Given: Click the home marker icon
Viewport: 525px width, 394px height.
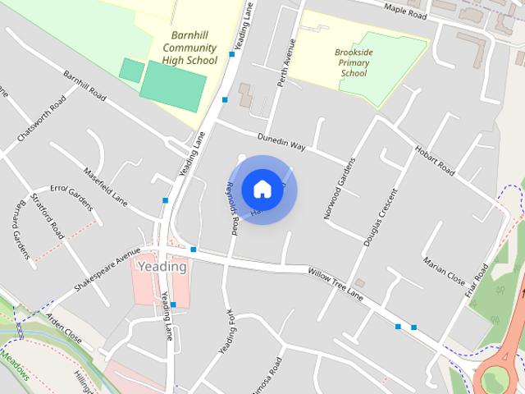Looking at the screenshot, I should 262,189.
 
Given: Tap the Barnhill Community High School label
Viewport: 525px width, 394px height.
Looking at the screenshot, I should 189,48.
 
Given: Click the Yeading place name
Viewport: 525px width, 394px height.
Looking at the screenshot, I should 162,267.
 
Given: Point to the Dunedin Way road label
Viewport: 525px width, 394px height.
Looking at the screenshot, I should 281,141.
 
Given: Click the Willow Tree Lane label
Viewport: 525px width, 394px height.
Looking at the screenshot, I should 335,282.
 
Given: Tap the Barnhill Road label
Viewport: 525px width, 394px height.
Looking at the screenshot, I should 85,85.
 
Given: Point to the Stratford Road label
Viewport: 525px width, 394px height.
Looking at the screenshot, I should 52,217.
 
